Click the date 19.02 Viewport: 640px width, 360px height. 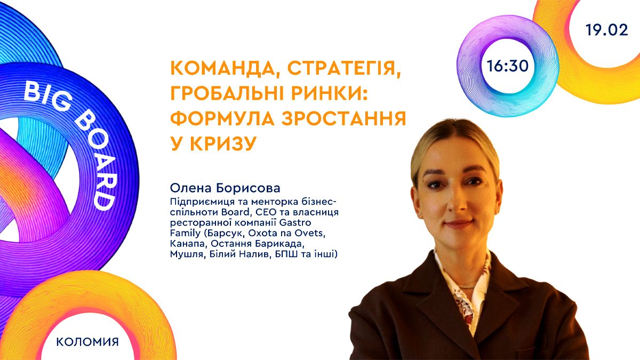(x=606, y=30)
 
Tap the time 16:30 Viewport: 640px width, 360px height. (x=507, y=66)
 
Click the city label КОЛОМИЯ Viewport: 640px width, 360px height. (x=87, y=341)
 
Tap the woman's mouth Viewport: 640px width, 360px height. (x=458, y=222)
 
